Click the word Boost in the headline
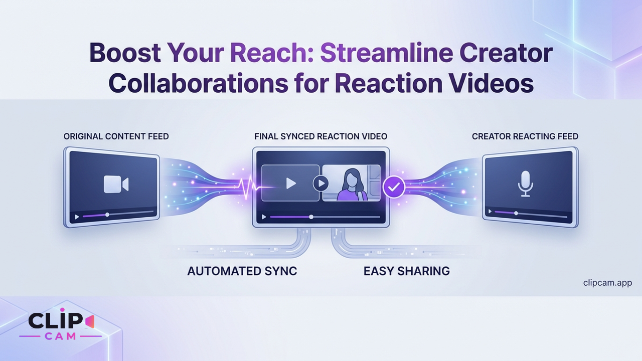click(125, 53)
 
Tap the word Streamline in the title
click(386, 53)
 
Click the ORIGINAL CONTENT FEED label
click(116, 136)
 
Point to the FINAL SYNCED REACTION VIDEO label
click(320, 136)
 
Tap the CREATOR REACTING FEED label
click(525, 136)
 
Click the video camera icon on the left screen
click(116, 184)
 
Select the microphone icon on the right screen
click(525, 184)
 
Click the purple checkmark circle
click(394, 187)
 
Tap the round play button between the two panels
click(320, 183)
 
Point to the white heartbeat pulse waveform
click(249, 187)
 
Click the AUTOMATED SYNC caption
click(242, 271)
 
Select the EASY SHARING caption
click(407, 271)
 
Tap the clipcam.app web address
click(607, 283)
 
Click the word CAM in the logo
click(61, 336)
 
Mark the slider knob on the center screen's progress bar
click(311, 217)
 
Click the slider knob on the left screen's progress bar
click(107, 215)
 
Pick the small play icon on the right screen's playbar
click(490, 212)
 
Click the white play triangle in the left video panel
click(291, 184)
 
